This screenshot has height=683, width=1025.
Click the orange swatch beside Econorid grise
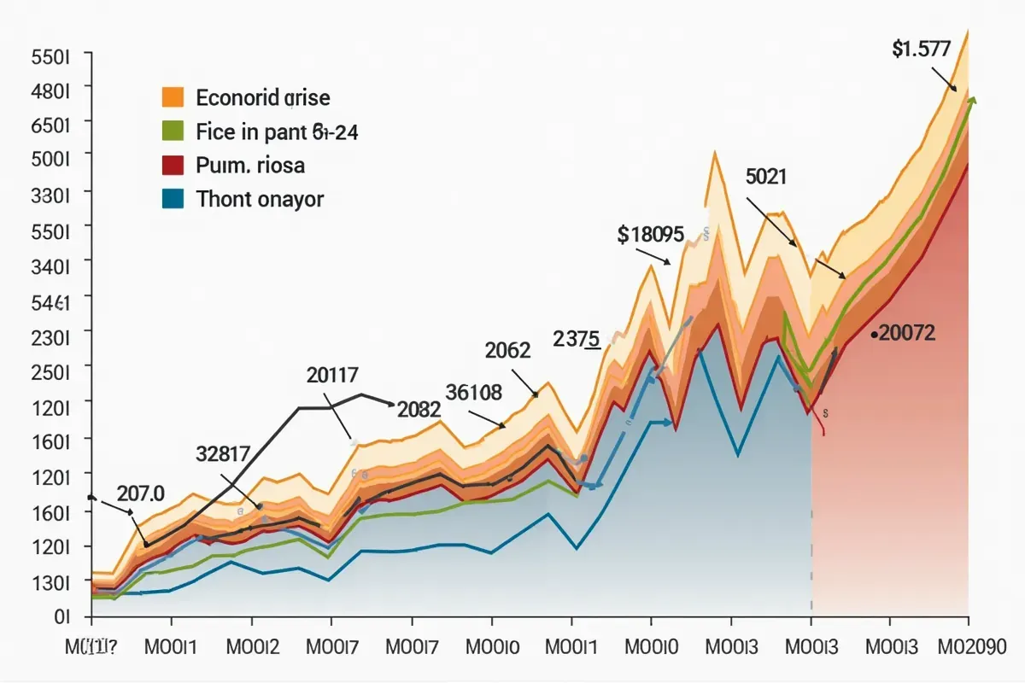(x=173, y=96)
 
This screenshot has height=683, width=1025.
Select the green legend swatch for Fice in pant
(x=173, y=131)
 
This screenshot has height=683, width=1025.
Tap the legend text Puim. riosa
(x=250, y=165)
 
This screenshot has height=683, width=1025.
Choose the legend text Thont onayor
(x=260, y=200)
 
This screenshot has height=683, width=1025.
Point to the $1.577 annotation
(x=921, y=49)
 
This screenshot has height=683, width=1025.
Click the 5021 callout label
(x=766, y=177)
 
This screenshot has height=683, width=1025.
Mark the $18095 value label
(x=650, y=234)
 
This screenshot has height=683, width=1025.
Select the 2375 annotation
(x=577, y=337)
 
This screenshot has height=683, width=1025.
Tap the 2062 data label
(x=507, y=350)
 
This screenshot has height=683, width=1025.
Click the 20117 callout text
(x=331, y=374)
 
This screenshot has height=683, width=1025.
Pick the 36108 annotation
(x=473, y=392)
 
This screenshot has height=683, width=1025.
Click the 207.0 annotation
(x=140, y=493)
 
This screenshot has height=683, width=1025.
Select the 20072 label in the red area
(x=906, y=334)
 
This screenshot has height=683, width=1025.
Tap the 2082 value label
(x=419, y=409)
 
